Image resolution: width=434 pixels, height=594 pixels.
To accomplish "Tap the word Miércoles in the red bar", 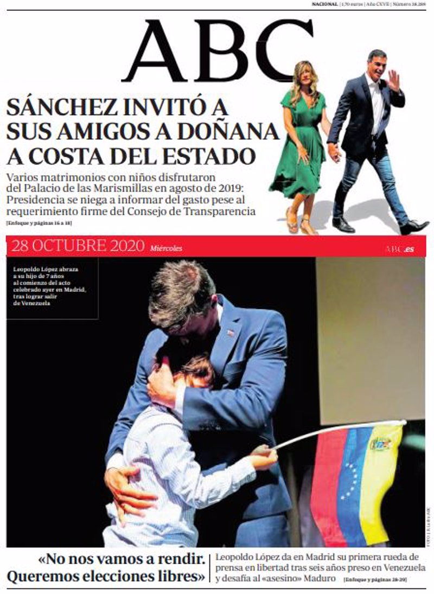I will (x=166, y=248).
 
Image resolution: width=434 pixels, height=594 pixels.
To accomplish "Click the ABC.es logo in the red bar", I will (x=400, y=249).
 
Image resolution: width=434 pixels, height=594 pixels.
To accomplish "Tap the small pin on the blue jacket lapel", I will (x=231, y=333).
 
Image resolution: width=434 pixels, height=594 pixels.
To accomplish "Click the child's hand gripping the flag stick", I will (x=264, y=457).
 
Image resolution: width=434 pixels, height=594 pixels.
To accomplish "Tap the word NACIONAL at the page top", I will (x=324, y=4).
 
